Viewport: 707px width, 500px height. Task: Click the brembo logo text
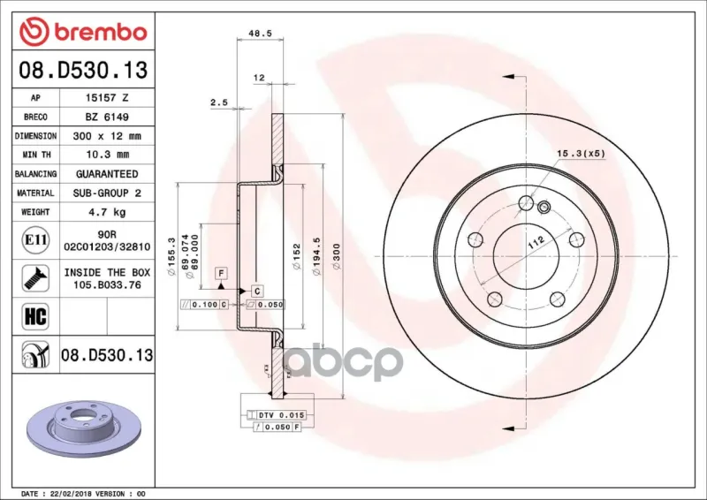[x=101, y=33]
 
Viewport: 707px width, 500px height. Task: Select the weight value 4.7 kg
[x=107, y=212]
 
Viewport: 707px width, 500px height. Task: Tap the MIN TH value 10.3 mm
[x=107, y=155]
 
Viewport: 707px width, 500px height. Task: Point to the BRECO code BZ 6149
[x=107, y=117]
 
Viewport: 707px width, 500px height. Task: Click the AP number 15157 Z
[x=107, y=98]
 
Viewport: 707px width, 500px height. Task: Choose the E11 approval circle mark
[x=35, y=240]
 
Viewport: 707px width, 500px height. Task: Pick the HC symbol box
[x=35, y=316]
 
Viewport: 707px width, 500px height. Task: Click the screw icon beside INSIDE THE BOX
[x=35, y=278]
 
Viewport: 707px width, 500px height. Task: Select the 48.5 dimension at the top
[x=260, y=34]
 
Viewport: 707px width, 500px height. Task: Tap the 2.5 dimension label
[x=219, y=102]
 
